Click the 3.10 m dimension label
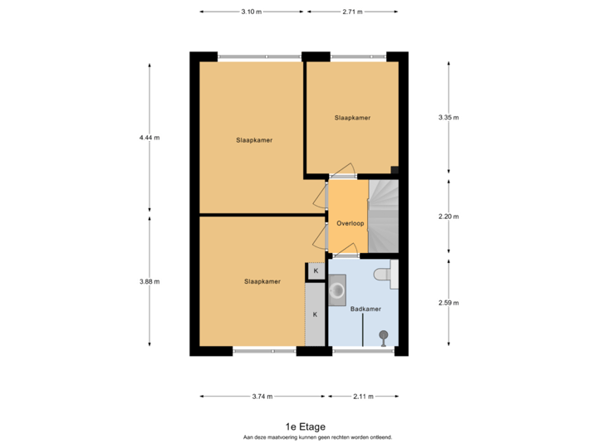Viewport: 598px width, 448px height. pyautogui.click(x=251, y=12)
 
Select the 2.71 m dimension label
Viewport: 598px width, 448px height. pyautogui.click(x=352, y=12)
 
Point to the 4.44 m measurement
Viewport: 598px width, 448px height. pyautogui.click(x=149, y=138)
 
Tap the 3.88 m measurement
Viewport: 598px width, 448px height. pyautogui.click(x=149, y=281)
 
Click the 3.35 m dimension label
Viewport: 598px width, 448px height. pyautogui.click(x=448, y=118)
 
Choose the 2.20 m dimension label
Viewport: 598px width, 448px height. pyautogui.click(x=448, y=217)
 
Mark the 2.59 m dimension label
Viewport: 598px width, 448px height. pyautogui.click(x=448, y=302)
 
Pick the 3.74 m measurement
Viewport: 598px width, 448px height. pyautogui.click(x=262, y=397)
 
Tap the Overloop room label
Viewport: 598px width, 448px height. pyautogui.click(x=350, y=223)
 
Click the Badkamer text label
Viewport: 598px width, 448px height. pyautogui.click(x=365, y=309)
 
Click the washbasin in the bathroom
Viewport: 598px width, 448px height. pyautogui.click(x=339, y=291)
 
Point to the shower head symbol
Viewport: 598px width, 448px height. pyautogui.click(x=384, y=335)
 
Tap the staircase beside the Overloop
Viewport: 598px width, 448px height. pyautogui.click(x=384, y=217)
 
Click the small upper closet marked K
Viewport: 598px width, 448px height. pyautogui.click(x=316, y=271)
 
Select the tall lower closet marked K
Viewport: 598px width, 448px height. pyautogui.click(x=316, y=314)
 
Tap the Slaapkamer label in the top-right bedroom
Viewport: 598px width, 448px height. pyautogui.click(x=352, y=118)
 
